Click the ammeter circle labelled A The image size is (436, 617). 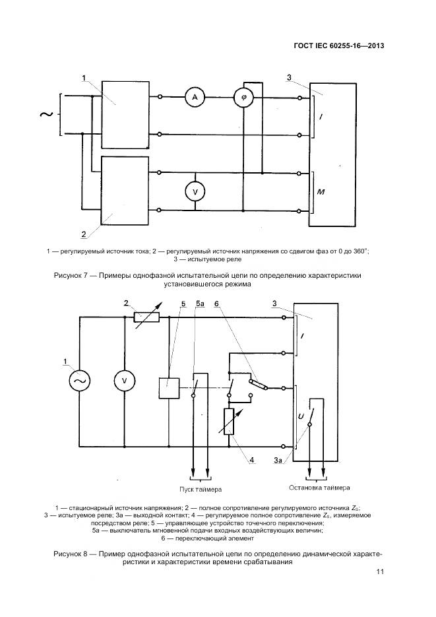click(195, 98)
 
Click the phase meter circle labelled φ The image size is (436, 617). click(244, 98)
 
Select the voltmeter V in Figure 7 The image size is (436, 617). click(195, 191)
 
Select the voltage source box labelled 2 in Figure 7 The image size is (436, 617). click(123, 191)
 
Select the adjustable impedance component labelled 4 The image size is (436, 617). click(228, 422)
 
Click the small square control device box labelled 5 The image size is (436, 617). click(170, 387)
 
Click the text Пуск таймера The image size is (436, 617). click(201, 490)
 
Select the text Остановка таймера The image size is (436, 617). click(316, 488)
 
